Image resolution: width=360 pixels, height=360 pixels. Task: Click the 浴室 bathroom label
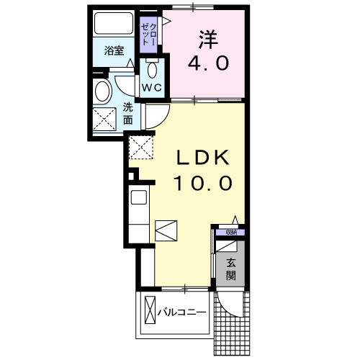coord(114,51)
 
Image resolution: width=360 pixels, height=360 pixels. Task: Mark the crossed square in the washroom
coord(105,118)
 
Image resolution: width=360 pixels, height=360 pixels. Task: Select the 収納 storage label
coord(230,232)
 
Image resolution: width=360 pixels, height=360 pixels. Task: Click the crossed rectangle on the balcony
coord(150,312)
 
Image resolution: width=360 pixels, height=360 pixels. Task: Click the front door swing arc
coord(229,307)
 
